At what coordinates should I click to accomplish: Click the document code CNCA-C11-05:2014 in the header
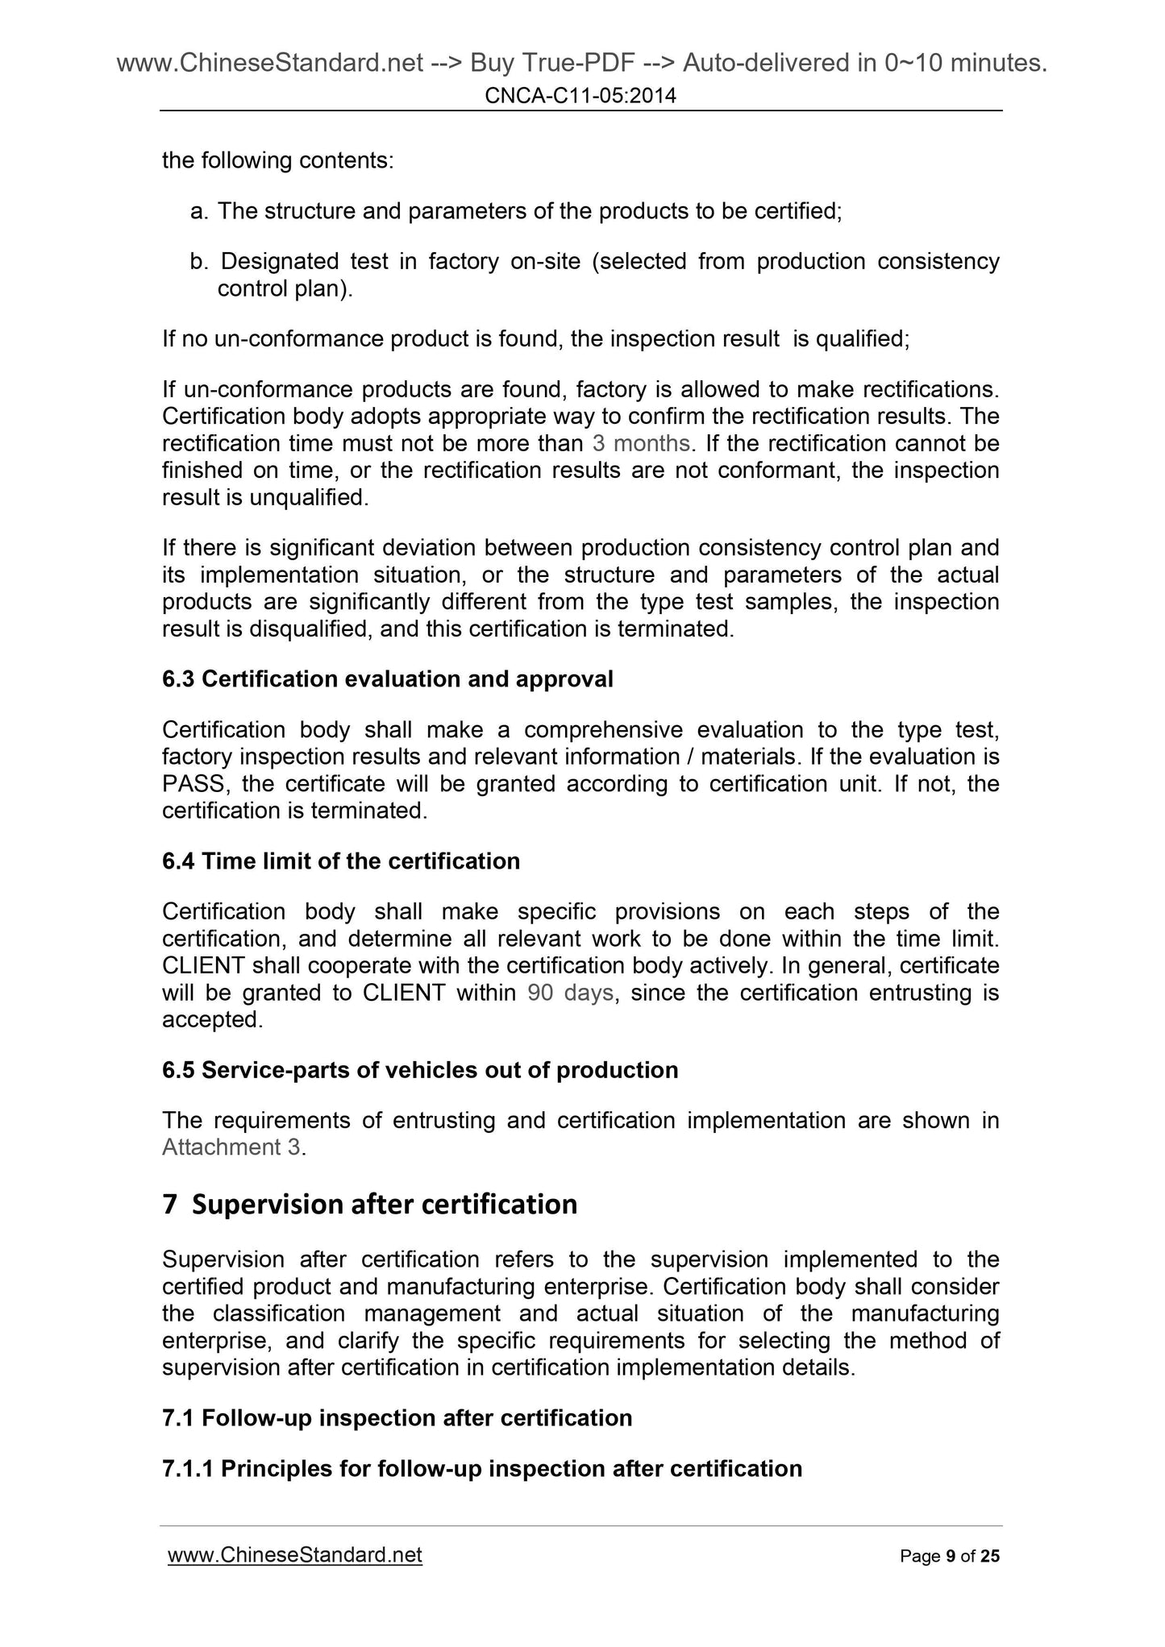[580, 97]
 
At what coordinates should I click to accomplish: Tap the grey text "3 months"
[641, 443]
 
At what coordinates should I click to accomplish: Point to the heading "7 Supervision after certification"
[370, 1204]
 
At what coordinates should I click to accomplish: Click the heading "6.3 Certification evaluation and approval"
[387, 679]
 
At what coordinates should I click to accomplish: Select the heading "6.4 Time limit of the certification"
[341, 861]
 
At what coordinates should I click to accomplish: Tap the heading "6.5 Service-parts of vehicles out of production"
[420, 1070]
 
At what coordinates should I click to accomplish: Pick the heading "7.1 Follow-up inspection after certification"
[397, 1417]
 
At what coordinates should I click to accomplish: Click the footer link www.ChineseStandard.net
[295, 1554]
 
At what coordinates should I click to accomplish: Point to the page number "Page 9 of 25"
[949, 1556]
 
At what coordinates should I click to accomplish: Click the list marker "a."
[199, 212]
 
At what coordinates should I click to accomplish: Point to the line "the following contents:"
[278, 161]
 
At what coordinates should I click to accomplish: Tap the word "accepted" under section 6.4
[210, 1019]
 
